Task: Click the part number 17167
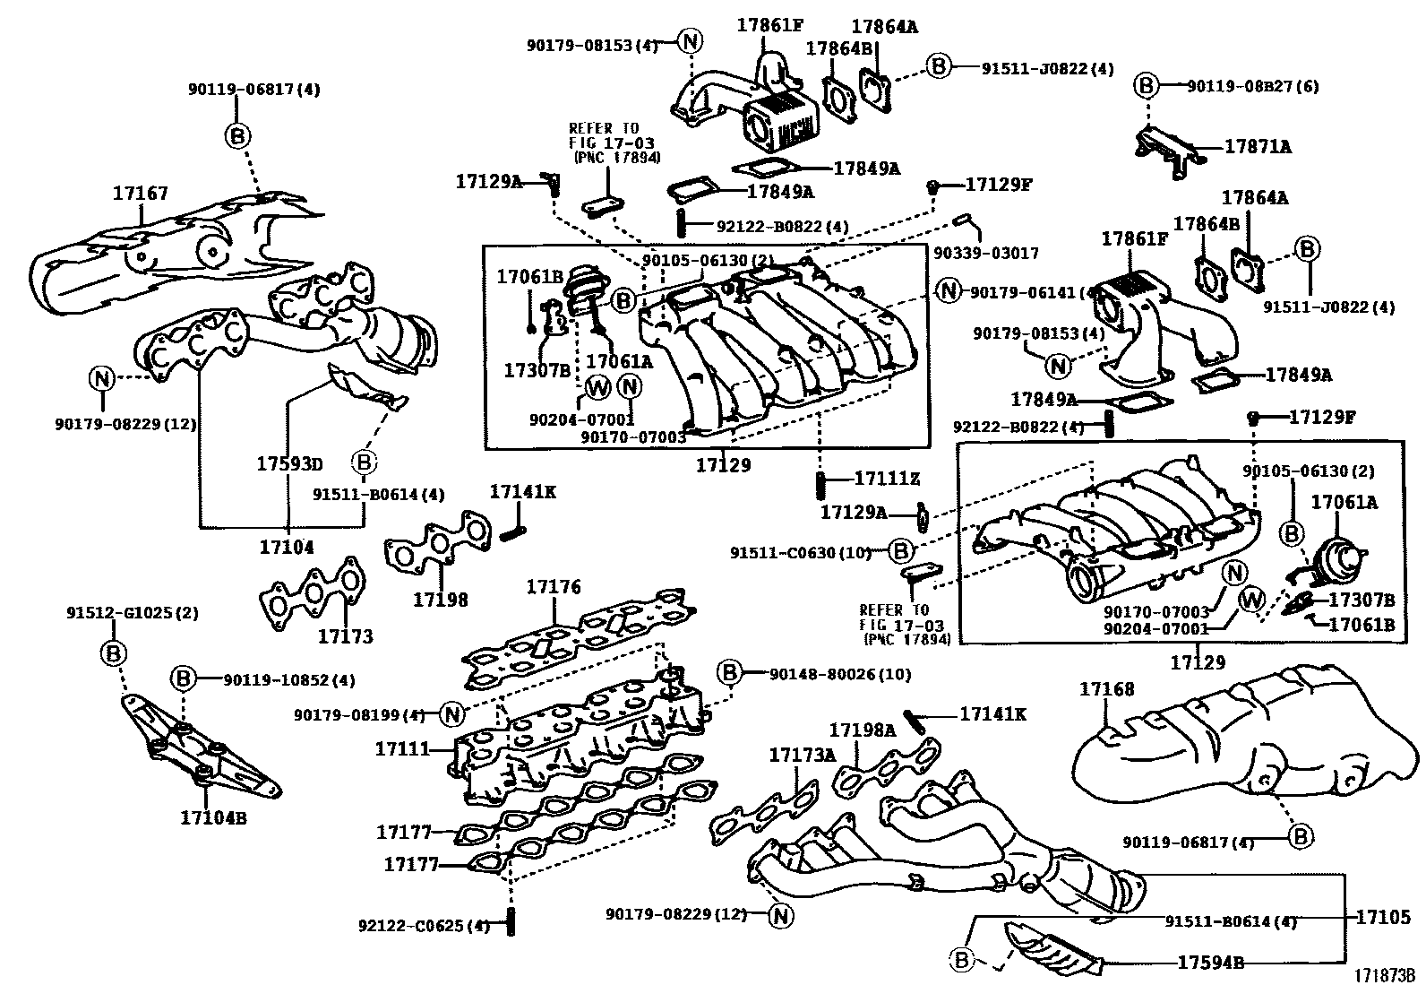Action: pyautogui.click(x=141, y=194)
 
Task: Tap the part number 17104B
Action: pyautogui.click(x=213, y=817)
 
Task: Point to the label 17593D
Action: pyautogui.click(x=288, y=464)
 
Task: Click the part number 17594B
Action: pyautogui.click(x=1210, y=963)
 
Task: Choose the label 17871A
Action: pyautogui.click(x=1258, y=146)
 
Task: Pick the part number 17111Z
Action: pyautogui.click(x=887, y=480)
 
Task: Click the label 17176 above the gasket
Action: pyautogui.click(x=554, y=587)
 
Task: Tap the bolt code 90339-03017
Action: pyautogui.click(x=986, y=254)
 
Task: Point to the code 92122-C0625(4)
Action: pyautogui.click(x=424, y=925)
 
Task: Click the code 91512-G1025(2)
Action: pyautogui.click(x=133, y=614)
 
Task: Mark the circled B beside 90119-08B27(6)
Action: pyautogui.click(x=1147, y=86)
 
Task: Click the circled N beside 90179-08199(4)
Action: pyautogui.click(x=452, y=714)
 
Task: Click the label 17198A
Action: pyautogui.click(x=862, y=730)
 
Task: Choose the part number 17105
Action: pyautogui.click(x=1383, y=917)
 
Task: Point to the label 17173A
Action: pyautogui.click(x=803, y=756)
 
